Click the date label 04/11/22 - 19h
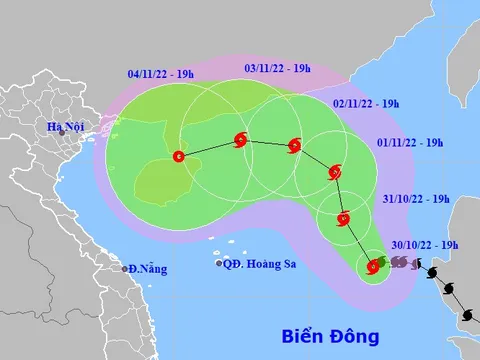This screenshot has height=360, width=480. (162, 73)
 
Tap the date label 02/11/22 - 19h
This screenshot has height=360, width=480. (367, 103)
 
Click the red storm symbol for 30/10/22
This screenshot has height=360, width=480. (374, 266)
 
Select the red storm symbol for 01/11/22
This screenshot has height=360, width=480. (335, 173)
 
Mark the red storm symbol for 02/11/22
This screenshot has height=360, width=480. (294, 146)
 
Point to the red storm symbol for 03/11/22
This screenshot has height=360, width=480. (240, 141)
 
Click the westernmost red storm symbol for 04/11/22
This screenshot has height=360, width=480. (178, 156)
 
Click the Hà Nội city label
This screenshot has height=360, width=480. (68, 126)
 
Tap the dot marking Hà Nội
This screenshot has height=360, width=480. (62, 133)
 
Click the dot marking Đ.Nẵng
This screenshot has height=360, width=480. (126, 269)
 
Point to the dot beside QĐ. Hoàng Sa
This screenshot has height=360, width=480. (219, 264)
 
